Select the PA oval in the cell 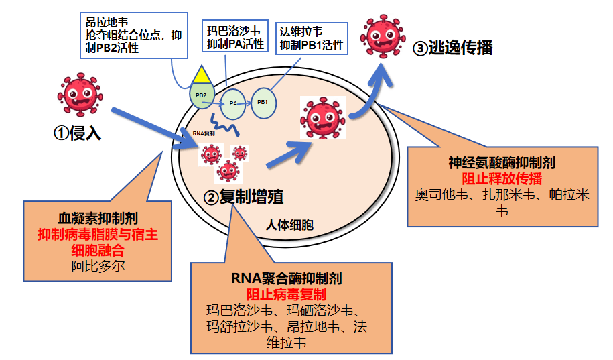233,103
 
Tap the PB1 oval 263,103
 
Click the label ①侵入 77,133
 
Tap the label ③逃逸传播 454,48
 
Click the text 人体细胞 289,225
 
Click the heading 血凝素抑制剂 98,219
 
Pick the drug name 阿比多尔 98,265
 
